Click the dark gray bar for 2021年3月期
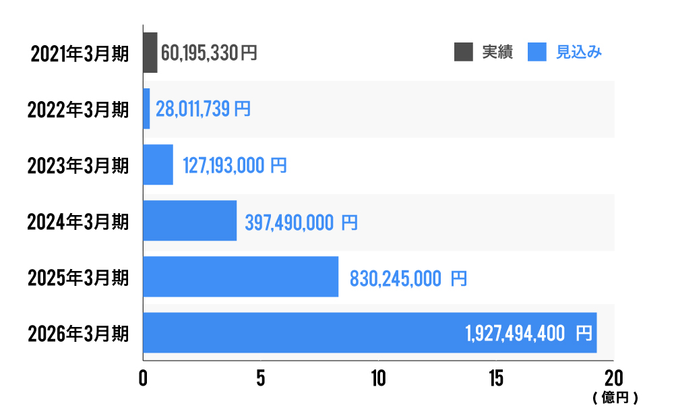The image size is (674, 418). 150,53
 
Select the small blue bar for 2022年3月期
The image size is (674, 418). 146,109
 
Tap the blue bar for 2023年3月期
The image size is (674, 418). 158,165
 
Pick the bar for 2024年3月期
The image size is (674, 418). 189,220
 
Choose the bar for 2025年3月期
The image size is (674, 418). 241,276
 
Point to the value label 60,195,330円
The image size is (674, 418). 209,53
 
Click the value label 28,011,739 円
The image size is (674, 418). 203,109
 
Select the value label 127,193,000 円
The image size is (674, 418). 235,165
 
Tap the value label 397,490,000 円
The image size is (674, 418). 301,222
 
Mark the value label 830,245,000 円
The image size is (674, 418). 408,278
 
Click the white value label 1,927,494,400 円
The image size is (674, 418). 528,333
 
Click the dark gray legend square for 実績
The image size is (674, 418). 464,52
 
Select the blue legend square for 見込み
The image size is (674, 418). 537,52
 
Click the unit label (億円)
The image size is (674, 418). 615,398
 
